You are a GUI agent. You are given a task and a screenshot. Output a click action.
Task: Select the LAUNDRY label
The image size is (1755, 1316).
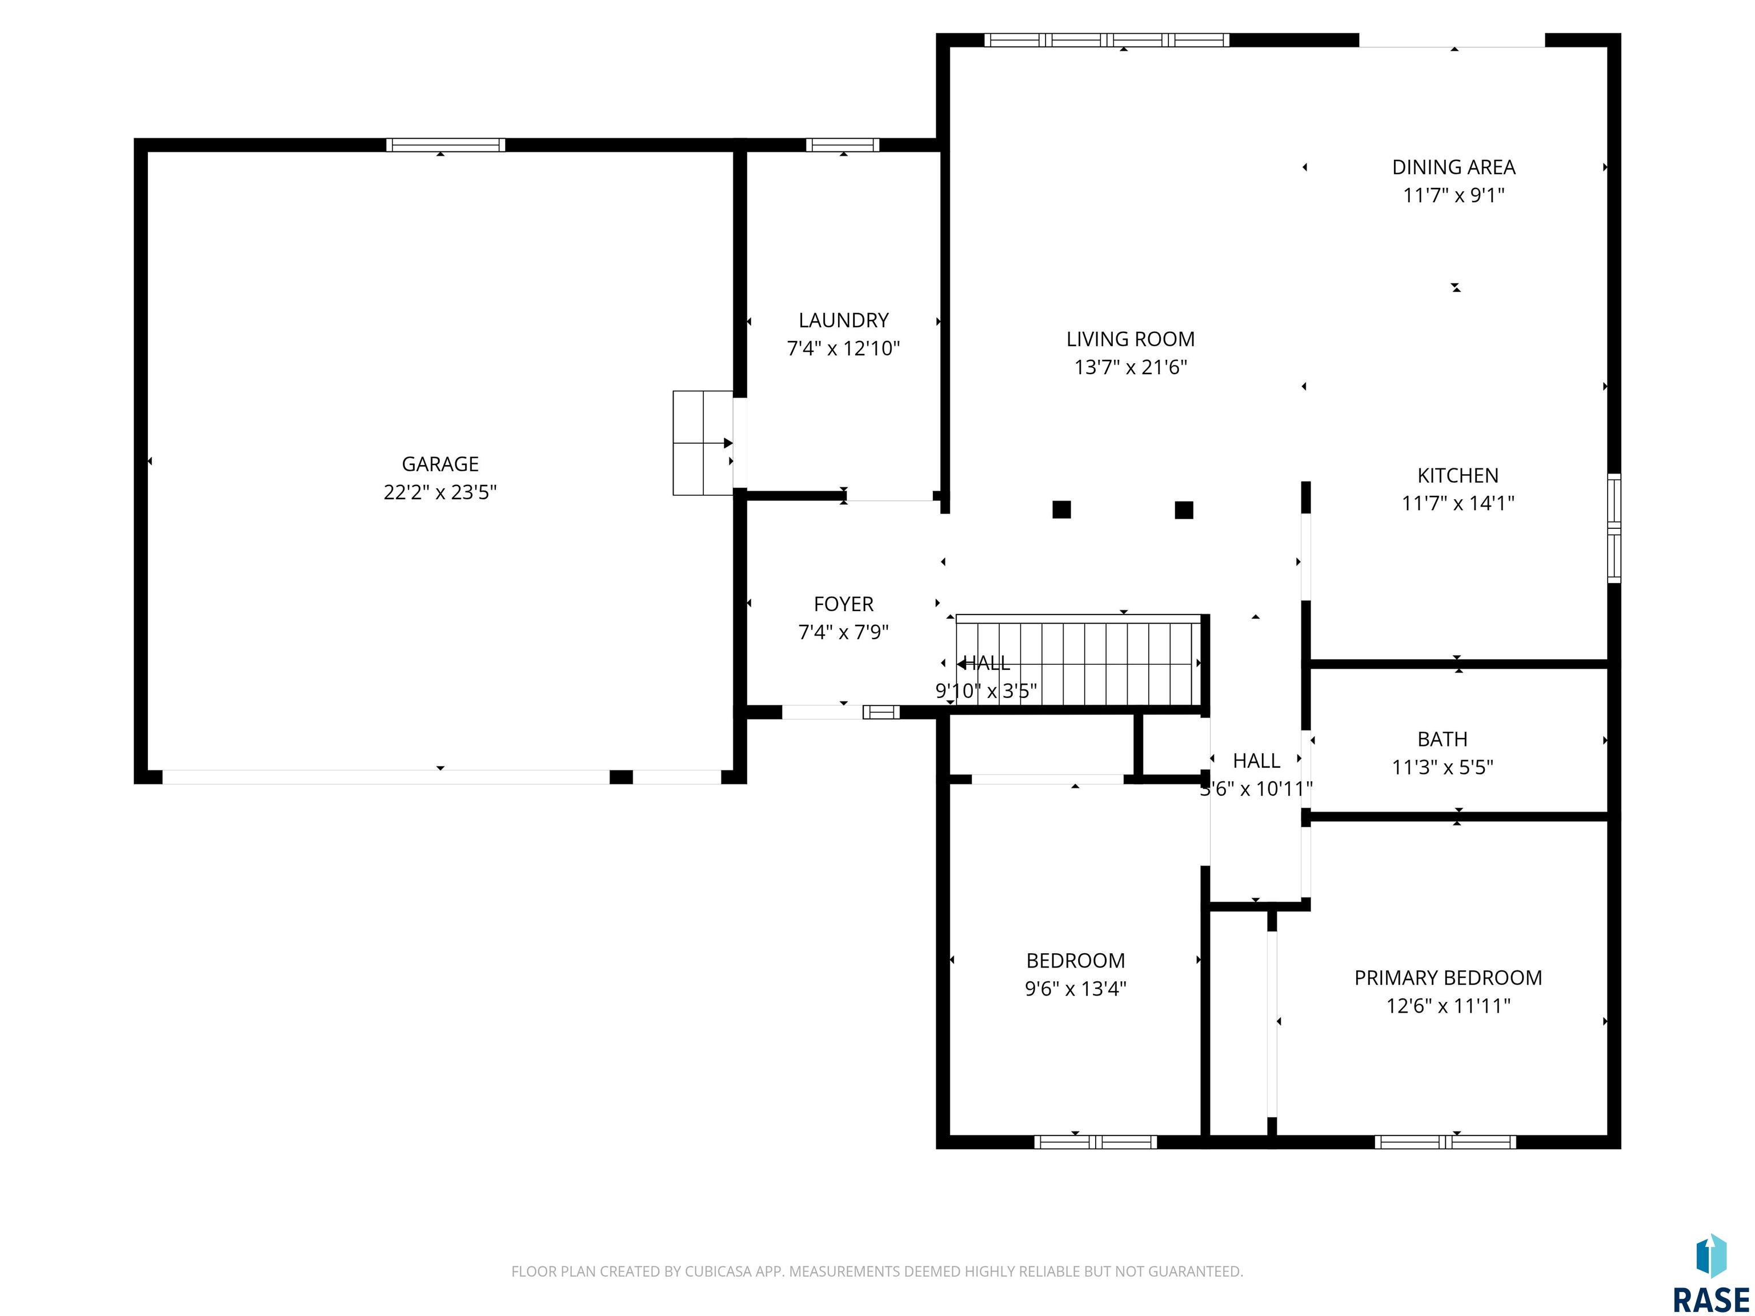coord(843,320)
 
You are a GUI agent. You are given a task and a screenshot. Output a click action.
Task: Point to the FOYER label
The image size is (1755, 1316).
coord(843,604)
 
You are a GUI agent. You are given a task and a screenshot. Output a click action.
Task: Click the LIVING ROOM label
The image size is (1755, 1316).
coord(1131,339)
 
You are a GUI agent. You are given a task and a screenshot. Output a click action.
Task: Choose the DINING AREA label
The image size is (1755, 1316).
coord(1453,167)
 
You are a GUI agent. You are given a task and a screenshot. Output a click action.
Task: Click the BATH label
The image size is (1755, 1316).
coord(1443,739)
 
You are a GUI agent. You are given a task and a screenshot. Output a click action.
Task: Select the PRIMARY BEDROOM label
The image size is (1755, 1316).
coord(1448,978)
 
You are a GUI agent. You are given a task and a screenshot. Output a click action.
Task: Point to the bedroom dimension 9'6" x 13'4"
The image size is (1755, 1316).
coord(1076,988)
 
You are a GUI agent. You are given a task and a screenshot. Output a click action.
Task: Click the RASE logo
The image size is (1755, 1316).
coord(1710,1273)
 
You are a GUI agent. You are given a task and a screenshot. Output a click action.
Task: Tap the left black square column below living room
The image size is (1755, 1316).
coord(1061,509)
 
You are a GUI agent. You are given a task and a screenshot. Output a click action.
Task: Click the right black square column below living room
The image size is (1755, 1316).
coord(1184,509)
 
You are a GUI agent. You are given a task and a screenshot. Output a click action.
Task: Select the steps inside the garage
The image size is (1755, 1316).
coord(703,443)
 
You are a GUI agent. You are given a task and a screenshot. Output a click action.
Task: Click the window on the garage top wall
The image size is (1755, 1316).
coord(446,145)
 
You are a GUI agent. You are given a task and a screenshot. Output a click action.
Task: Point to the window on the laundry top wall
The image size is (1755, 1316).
coord(843,145)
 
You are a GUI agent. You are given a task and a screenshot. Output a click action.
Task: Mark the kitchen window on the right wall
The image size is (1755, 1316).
coord(1614,528)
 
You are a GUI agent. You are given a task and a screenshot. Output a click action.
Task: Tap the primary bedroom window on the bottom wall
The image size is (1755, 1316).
coord(1445,1142)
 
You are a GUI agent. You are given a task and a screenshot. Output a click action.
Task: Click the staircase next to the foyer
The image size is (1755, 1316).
coord(1079,660)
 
